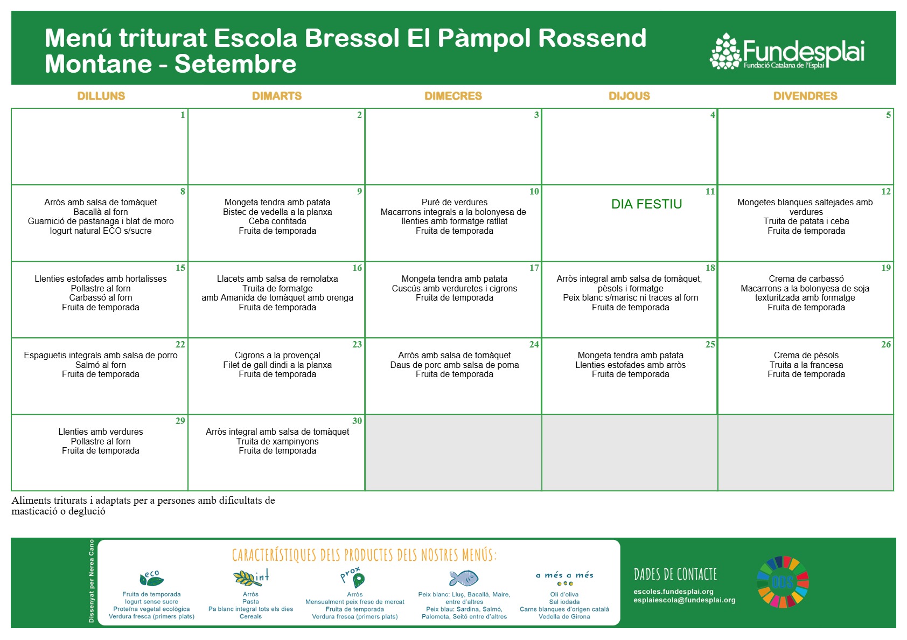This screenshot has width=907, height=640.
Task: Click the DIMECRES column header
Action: pyautogui.click(x=453, y=96)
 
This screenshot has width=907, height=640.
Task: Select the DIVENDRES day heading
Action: pyautogui.click(x=805, y=96)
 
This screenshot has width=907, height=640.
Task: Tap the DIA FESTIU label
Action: pyautogui.click(x=647, y=204)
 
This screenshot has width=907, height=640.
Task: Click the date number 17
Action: pyautogui.click(x=534, y=268)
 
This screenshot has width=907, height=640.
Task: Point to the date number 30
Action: pyautogui.click(x=357, y=421)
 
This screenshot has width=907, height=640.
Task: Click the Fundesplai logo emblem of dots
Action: pyautogui.click(x=725, y=51)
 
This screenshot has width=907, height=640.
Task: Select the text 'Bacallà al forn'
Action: pyautogui.click(x=100, y=212)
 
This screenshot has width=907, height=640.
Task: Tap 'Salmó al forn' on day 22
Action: pyautogui.click(x=100, y=365)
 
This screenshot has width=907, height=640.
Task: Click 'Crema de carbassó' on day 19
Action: pyautogui.click(x=806, y=279)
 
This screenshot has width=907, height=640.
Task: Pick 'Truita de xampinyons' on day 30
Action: pyautogui.click(x=277, y=442)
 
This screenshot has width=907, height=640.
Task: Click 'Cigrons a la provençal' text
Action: pyautogui.click(x=277, y=355)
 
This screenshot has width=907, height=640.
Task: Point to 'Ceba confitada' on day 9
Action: pyautogui.click(x=277, y=221)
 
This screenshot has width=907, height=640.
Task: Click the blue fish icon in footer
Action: pyautogui.click(x=464, y=578)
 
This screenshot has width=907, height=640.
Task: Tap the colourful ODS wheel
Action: pyautogui.click(x=783, y=582)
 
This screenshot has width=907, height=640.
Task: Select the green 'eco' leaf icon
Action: pyautogui.click(x=151, y=579)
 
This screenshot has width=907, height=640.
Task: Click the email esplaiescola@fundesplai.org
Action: pyautogui.click(x=685, y=600)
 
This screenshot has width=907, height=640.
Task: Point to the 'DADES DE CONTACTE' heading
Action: pyautogui.click(x=675, y=574)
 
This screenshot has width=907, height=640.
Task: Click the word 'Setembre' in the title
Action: pyautogui.click(x=235, y=64)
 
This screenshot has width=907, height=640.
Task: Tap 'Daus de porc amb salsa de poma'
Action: pyautogui.click(x=455, y=365)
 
